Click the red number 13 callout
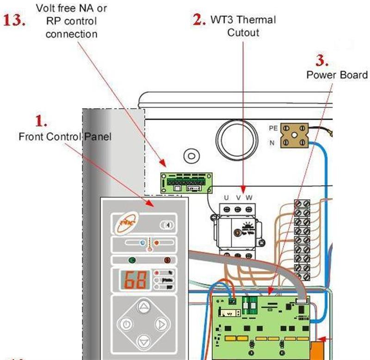pyautogui.click(x=14, y=21)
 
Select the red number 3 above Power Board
pyautogui.click(x=322, y=61)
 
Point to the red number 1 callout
pyautogui.click(x=42, y=121)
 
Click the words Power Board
pyautogui.click(x=337, y=75)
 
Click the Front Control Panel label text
pyautogui.click(x=65, y=137)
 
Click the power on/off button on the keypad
pyautogui.click(x=126, y=324)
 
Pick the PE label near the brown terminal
pyautogui.click(x=273, y=128)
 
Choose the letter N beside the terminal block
pyautogui.click(x=272, y=143)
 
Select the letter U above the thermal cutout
pyautogui.click(x=226, y=198)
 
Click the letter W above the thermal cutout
pyautogui.click(x=249, y=198)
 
